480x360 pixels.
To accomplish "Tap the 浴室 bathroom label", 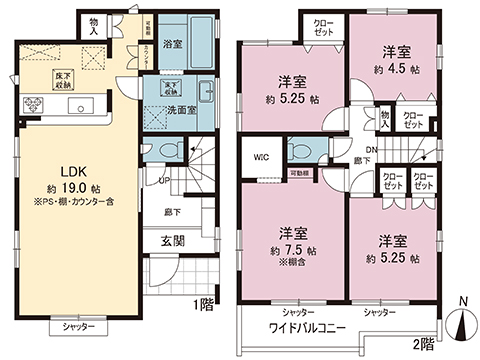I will [170, 45].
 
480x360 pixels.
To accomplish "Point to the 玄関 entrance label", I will [173, 241].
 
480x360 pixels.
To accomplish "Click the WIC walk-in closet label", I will [260, 156].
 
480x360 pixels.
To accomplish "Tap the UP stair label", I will [164, 180].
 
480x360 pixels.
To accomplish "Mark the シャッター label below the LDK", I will [78, 327].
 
